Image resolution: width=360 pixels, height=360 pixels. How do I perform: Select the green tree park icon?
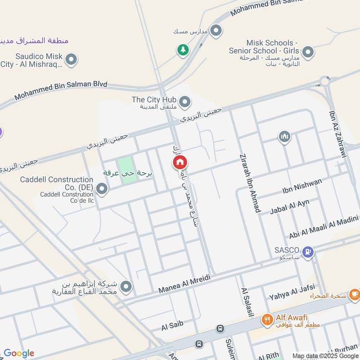tap(182, 49)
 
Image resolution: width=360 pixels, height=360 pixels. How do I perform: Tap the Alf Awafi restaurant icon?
tap(267, 320)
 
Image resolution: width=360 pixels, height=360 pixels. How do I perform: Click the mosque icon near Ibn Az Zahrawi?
tap(284, 137)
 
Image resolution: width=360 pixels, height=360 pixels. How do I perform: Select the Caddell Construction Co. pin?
tap(102, 189)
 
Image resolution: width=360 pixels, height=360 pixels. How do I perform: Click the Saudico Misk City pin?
tap(71, 59)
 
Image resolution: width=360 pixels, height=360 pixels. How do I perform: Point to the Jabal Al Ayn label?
tap(289, 206)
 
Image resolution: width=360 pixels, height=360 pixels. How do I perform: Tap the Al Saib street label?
tap(172, 327)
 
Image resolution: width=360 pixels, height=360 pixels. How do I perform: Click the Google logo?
tap(19, 353)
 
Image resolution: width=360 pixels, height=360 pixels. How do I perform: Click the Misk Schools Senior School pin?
tap(308, 52)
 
